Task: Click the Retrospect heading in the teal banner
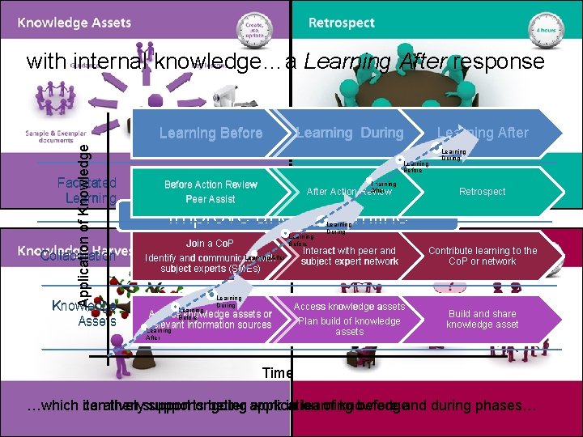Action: tap(343, 23)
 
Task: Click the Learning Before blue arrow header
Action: tap(211, 133)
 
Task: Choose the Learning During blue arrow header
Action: tap(350, 133)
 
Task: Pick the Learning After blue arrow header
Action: tap(483, 133)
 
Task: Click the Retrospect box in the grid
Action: tap(483, 192)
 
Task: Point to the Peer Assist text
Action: tap(210, 199)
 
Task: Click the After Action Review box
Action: tap(349, 192)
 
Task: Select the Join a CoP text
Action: tap(210, 244)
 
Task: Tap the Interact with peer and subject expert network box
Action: tap(349, 256)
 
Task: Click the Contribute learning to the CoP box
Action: tap(483, 256)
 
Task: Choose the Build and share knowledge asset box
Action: tap(483, 319)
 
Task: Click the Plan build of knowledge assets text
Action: tap(349, 326)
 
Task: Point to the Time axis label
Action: tap(278, 372)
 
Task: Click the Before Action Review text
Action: tap(210, 185)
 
